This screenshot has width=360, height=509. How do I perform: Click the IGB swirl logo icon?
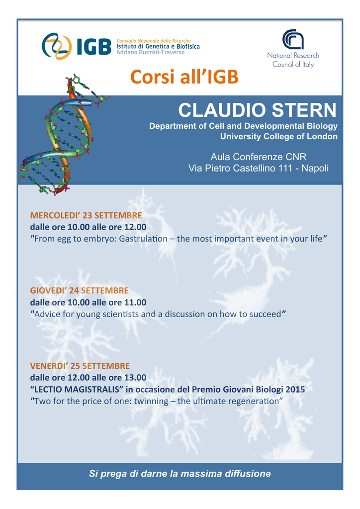click(x=57, y=46)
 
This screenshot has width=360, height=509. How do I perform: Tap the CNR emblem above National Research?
click(x=293, y=39)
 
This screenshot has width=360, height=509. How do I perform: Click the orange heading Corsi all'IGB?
click(x=184, y=77)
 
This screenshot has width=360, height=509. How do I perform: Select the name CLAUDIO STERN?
click(x=257, y=110)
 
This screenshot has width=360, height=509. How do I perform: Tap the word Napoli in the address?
click(x=315, y=169)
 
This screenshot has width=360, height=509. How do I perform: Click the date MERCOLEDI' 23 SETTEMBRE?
click(x=86, y=216)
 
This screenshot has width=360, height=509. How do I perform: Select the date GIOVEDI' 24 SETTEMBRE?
click(x=80, y=290)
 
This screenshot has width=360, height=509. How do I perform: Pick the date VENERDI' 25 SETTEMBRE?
click(x=80, y=366)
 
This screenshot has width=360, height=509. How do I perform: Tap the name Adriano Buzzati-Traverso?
click(x=150, y=52)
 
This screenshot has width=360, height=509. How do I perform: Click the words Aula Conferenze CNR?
click(x=259, y=157)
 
